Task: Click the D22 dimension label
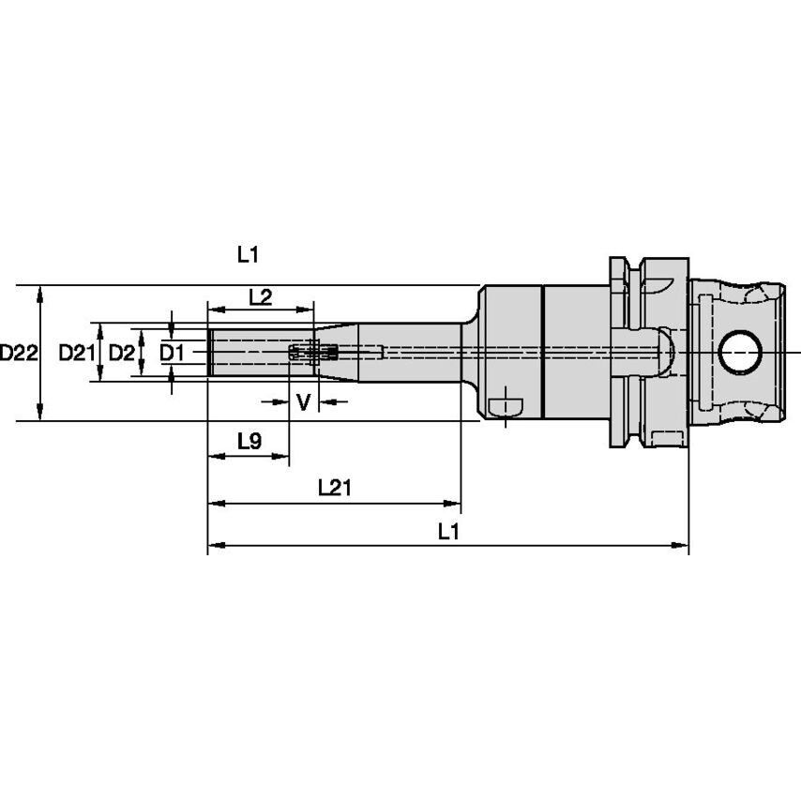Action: pos(18,354)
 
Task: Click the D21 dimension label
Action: pos(77,354)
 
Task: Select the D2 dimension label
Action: pos(121,354)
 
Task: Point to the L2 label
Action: pos(260,297)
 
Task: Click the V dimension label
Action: pos(302,403)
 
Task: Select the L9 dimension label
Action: pos(249,441)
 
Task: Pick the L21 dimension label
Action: pos(334,487)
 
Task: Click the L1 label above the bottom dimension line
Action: pos(448,531)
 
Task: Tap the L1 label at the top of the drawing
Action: pos(248,253)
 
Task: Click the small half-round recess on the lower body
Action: pos(506,405)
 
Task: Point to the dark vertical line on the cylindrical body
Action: pos(542,353)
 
